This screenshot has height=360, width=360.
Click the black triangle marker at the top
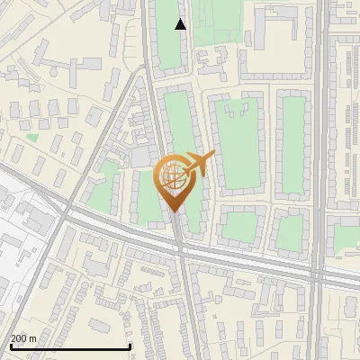click(181, 24)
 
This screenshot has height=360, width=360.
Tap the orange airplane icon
click(196, 165)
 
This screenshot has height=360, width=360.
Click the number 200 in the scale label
click(19, 338)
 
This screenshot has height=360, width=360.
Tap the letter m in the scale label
click(32, 338)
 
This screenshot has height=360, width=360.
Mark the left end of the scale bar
click(10, 346)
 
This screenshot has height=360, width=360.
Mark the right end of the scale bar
click(130, 346)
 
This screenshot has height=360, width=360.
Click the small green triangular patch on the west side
click(32, 138)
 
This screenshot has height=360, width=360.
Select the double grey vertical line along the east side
click(320, 135)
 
